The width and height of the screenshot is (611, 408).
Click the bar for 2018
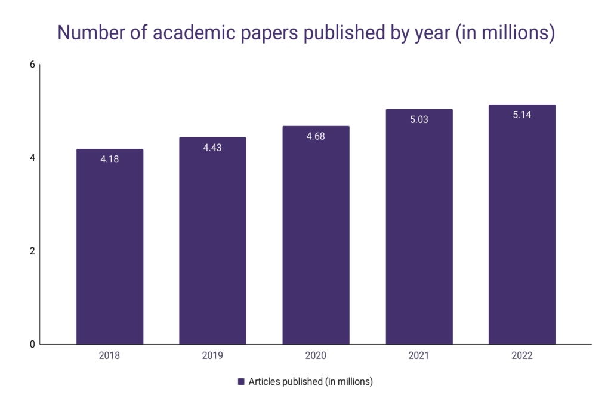tap(110, 251)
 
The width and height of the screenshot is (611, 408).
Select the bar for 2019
tap(212, 245)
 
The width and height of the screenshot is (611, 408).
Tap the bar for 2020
tap(316, 239)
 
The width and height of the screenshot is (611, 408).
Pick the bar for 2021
tap(419, 230)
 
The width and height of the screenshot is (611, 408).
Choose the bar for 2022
tap(522, 227)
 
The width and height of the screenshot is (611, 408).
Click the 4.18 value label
tap(110, 159)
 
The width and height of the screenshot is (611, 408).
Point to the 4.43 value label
tap(212, 148)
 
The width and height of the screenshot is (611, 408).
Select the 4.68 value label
tap(316, 136)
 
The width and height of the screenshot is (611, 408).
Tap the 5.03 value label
tap(419, 119)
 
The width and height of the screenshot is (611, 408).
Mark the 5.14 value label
tap(522, 115)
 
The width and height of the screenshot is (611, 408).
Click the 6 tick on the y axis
tap(32, 65)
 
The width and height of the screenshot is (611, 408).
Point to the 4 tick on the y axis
tap(32, 158)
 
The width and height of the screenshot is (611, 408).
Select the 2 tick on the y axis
tap(32, 251)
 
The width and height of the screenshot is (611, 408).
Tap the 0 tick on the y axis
tap(32, 344)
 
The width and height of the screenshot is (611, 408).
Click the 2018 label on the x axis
tap(110, 356)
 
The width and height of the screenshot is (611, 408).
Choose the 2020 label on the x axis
tap(316, 356)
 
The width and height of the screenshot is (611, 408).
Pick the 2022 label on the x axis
tap(522, 356)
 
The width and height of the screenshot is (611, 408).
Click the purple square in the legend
tap(241, 382)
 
